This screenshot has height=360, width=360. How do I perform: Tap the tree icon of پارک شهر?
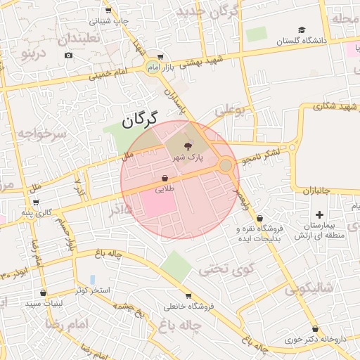click(187, 146)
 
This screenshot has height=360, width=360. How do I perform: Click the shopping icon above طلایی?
click(165, 178)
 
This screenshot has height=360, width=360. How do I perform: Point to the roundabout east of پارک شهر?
click(226, 166)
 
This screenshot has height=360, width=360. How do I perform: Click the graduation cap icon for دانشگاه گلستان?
click(302, 30)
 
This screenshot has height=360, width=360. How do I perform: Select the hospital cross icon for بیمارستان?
click(320, 214)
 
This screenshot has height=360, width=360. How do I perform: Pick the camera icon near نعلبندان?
click(68, 55)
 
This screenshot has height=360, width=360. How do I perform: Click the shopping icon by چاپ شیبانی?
click(108, 11)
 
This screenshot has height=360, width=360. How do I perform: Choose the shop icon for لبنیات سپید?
click(44, 292)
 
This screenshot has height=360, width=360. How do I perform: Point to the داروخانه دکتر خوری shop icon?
click(314, 328)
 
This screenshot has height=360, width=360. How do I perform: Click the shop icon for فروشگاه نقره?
click(261, 218)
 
